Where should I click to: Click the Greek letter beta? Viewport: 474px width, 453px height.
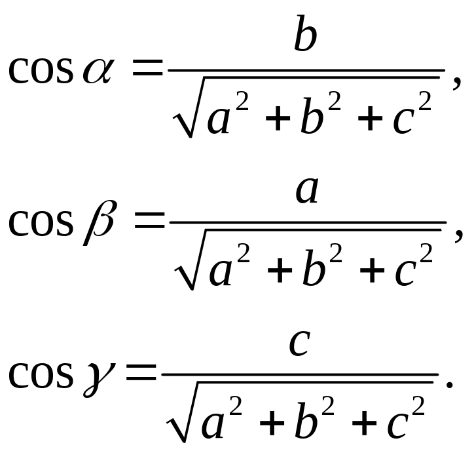pyautogui.click(x=99, y=222)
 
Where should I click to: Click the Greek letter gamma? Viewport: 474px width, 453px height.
pyautogui.click(x=99, y=380)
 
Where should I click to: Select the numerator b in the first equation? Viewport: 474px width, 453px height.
pyautogui.click(x=306, y=33)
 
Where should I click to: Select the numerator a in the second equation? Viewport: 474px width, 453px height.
pyautogui.click(x=307, y=191)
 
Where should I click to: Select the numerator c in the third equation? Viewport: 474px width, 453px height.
pyautogui.click(x=300, y=343)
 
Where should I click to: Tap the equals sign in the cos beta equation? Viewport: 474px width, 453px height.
pyautogui.click(x=150, y=220)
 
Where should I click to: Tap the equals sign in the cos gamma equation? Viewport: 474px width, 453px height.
pyautogui.click(x=141, y=372)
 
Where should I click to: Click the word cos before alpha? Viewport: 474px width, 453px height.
pyautogui.click(x=41, y=71)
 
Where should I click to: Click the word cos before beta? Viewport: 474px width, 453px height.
pyautogui.click(x=41, y=223)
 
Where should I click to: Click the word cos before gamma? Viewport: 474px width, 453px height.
pyautogui.click(x=41, y=375)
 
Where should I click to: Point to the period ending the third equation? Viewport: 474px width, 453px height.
pyautogui.click(x=450, y=384)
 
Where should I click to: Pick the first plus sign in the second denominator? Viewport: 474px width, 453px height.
pyautogui.click(x=280, y=271)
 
